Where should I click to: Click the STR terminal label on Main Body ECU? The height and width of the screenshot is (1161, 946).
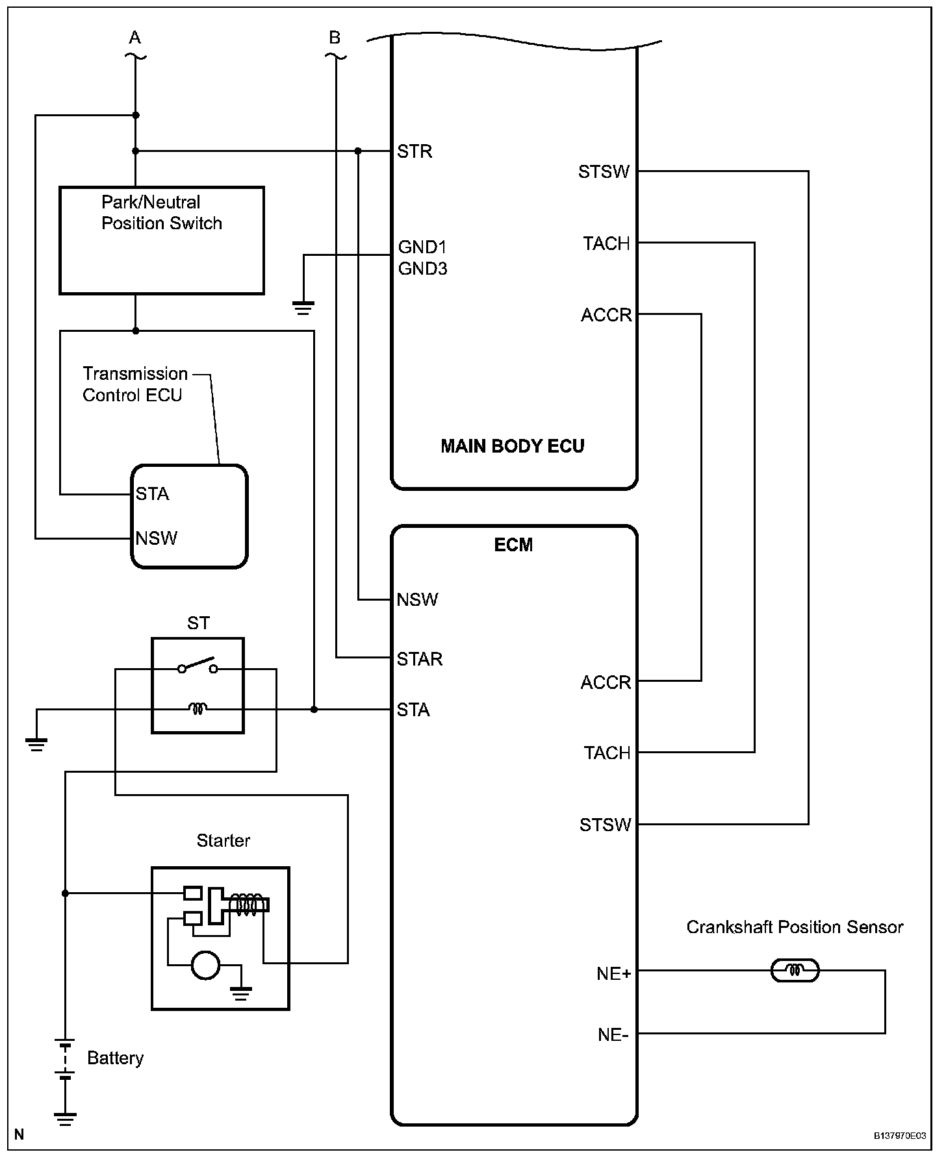(415, 151)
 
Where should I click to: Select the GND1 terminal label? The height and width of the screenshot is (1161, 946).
(422, 247)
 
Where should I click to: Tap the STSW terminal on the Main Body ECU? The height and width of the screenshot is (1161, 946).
(604, 171)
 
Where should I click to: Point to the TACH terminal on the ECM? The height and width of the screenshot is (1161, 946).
(607, 753)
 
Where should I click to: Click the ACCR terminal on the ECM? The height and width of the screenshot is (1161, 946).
(606, 682)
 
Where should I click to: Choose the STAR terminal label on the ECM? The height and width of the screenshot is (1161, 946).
(420, 659)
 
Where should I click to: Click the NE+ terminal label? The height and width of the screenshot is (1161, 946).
(614, 974)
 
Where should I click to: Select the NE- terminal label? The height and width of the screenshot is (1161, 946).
(613, 1034)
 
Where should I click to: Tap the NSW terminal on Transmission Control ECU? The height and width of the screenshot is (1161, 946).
(157, 538)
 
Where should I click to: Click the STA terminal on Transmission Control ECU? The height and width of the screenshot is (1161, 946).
(153, 494)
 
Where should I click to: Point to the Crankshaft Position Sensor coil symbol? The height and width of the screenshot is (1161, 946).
(795, 971)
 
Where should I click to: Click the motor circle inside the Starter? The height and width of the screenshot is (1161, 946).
(205, 964)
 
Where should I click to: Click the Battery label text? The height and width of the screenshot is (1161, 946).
(115, 1058)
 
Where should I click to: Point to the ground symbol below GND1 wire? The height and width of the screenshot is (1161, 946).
(303, 308)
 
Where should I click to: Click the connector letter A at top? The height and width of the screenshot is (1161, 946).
(134, 38)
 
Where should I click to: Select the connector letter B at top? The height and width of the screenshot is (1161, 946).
(335, 38)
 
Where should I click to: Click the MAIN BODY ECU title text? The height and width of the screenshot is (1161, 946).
(513, 446)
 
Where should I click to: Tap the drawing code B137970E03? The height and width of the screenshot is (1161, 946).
(899, 1136)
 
